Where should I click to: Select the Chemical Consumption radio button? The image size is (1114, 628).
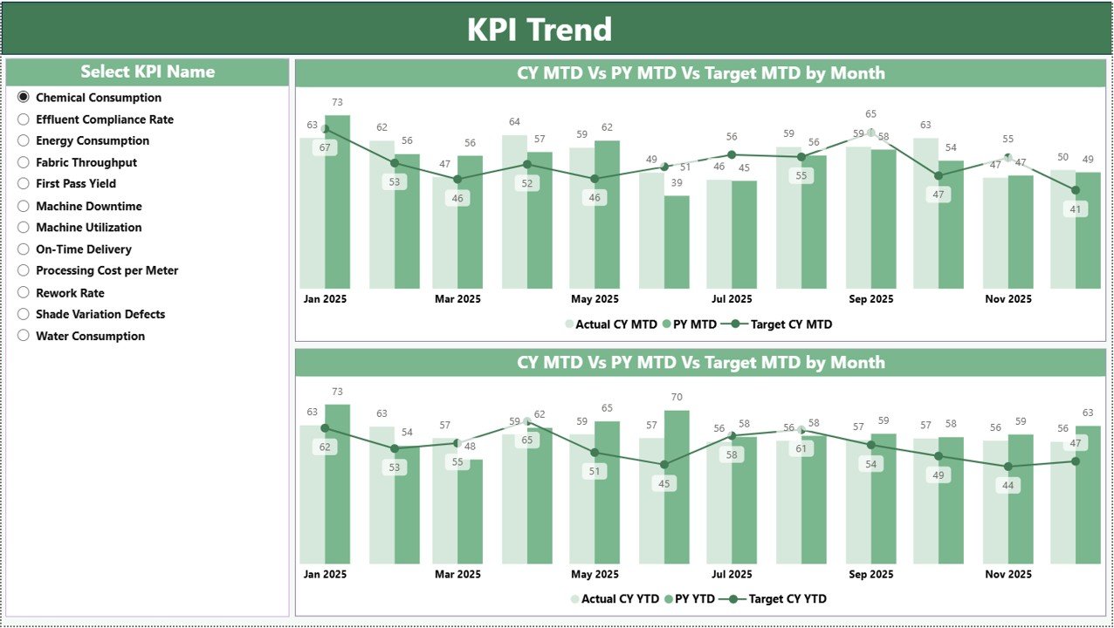24,98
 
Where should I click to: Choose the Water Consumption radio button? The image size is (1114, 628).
24,336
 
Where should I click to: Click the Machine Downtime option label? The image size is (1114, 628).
88,206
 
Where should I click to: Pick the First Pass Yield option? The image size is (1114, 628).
75,184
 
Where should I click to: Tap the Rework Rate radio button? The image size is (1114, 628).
24,293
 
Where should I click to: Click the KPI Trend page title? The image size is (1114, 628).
539,30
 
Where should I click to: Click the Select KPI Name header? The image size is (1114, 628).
148,72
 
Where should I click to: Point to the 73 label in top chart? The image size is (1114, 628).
337,103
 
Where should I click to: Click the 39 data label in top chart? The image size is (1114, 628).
677,182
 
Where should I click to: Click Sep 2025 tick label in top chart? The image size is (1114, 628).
870,299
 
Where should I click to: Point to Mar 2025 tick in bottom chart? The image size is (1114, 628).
457,575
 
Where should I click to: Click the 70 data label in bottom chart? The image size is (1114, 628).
677,398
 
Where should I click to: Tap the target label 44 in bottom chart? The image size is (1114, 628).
1008,485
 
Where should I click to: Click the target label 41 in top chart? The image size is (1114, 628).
1075,209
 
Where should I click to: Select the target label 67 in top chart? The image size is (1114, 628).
326,148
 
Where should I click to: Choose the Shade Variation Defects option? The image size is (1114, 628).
100,314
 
